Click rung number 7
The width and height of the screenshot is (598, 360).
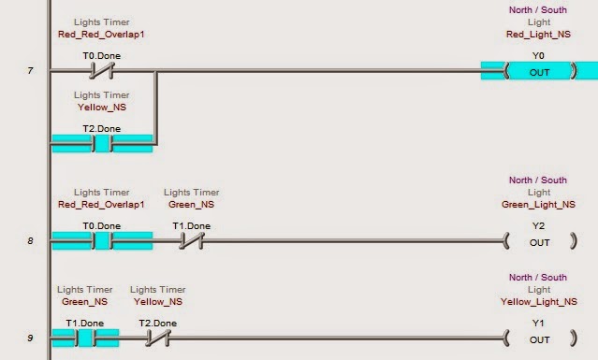[30, 70]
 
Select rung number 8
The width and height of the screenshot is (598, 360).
[30, 242]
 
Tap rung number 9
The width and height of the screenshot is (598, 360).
[30, 338]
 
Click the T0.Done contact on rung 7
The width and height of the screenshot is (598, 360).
[101, 70]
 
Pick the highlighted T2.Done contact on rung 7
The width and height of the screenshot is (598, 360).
[101, 144]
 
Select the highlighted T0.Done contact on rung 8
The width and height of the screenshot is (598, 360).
[101, 241]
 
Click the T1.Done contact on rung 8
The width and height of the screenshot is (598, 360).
[191, 241]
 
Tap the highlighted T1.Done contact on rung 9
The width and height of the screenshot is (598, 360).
[84, 338]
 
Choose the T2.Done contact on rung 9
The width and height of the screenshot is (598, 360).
[157, 338]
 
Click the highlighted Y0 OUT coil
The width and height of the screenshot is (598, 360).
[539, 70]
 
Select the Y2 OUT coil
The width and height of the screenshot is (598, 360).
[539, 242]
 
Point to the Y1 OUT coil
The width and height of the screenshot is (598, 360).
[539, 338]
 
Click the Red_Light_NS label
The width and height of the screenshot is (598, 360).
[538, 35]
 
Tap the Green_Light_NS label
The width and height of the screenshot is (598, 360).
[538, 204]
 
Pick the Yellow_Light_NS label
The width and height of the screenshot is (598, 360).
[538, 301]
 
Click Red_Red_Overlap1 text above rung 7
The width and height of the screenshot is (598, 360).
[101, 35]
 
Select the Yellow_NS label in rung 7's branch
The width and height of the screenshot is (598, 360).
[101, 108]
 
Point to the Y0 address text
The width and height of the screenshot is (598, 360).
[538, 55]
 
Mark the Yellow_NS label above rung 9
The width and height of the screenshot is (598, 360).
[156, 301]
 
